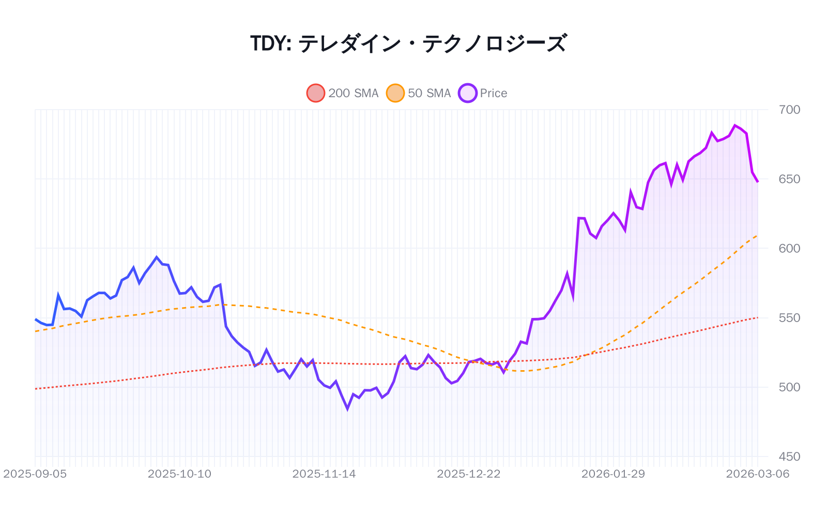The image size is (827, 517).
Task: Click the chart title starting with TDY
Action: (408, 43)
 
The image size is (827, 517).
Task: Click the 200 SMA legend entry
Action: (343, 93)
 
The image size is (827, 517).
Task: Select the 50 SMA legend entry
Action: (419, 93)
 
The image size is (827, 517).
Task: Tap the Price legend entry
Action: (483, 93)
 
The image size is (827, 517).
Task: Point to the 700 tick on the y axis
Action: (789, 110)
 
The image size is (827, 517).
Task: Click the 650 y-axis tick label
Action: (789, 179)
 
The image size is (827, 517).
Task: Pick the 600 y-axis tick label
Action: (789, 248)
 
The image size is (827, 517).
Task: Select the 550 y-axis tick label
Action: (789, 317)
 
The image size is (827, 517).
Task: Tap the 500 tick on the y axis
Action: (789, 387)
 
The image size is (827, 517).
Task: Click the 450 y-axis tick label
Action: (789, 457)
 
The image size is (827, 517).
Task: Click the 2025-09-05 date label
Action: (35, 474)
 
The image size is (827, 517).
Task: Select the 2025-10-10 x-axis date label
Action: (179, 474)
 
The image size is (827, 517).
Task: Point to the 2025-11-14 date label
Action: (324, 474)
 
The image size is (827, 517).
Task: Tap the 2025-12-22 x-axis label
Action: (468, 474)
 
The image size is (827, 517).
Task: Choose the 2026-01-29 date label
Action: (613, 474)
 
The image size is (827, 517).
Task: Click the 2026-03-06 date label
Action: (757, 474)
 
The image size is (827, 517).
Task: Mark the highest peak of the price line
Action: (735, 125)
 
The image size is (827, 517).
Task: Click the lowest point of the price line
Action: (347, 409)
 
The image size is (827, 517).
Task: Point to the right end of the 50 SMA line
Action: (757, 235)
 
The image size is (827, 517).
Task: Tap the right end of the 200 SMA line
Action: (757, 317)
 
